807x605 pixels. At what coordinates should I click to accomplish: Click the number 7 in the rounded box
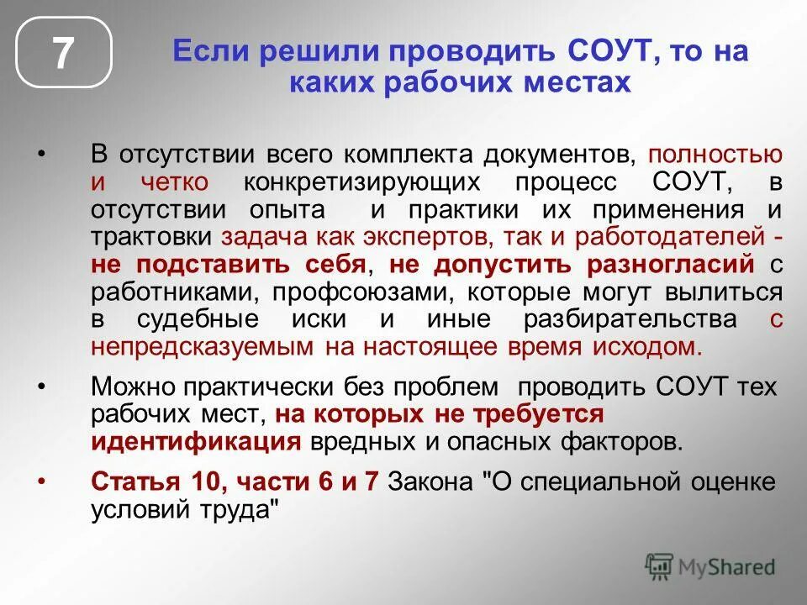64,53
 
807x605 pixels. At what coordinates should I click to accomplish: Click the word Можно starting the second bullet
134,386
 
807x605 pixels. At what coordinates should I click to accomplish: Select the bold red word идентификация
196,440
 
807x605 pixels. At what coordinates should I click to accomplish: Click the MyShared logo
710,566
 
